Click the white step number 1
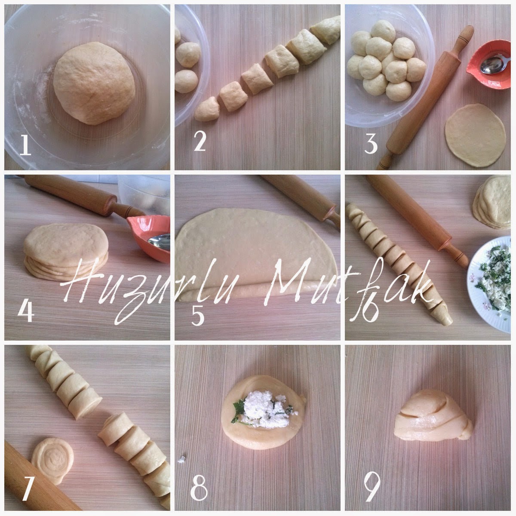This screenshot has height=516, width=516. click(25, 145)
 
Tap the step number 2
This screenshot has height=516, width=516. click(200, 141)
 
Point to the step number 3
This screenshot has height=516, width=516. click(371, 144)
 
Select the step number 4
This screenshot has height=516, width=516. click(26, 311)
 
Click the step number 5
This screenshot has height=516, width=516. click(198, 316)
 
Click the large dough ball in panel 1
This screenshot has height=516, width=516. click(94, 83)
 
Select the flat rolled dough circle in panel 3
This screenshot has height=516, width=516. click(475, 135)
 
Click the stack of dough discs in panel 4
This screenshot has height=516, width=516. click(66, 252)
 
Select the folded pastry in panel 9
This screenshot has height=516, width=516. click(433, 419)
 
